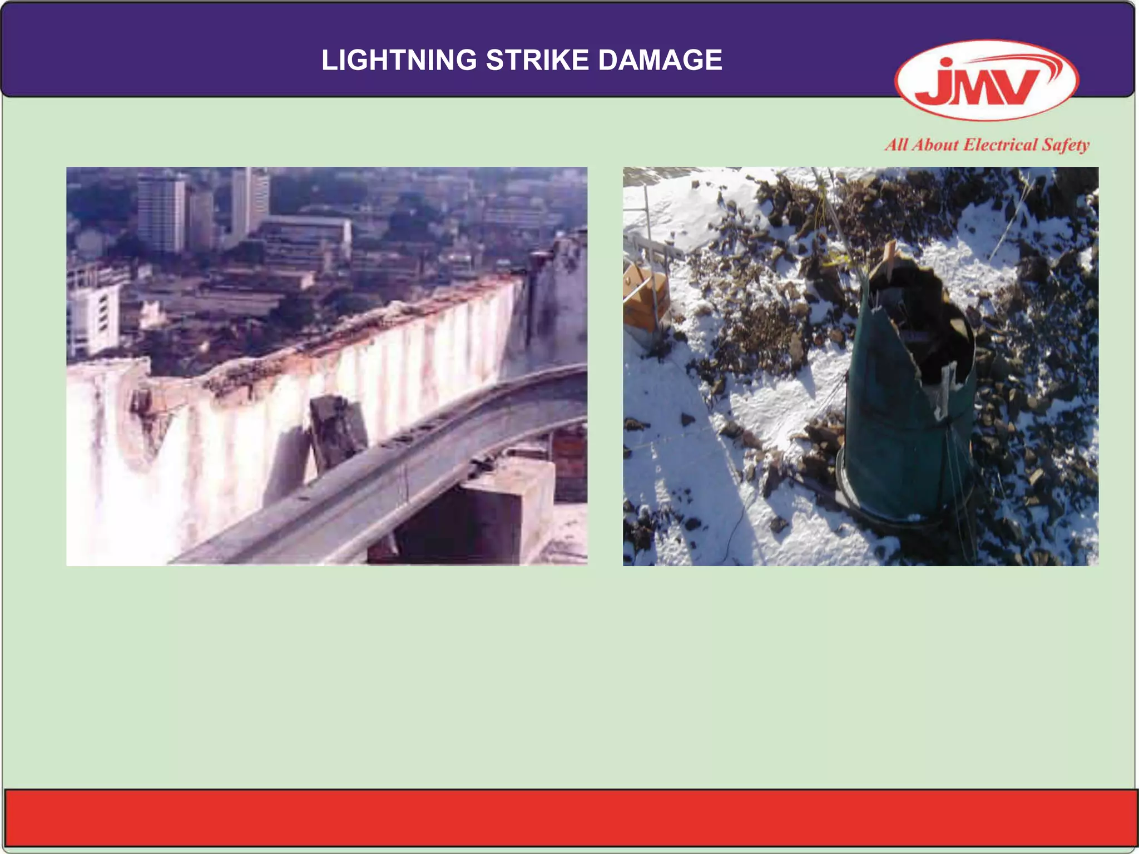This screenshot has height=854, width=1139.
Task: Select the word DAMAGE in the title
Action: click(660, 60)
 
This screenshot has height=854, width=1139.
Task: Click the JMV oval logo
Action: click(986, 81)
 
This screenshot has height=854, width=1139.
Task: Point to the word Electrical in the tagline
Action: click(1000, 145)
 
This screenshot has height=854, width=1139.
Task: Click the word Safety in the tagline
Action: click(1065, 145)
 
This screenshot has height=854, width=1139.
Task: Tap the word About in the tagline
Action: click(937, 145)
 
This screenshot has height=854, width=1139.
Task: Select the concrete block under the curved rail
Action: click(489, 512)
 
